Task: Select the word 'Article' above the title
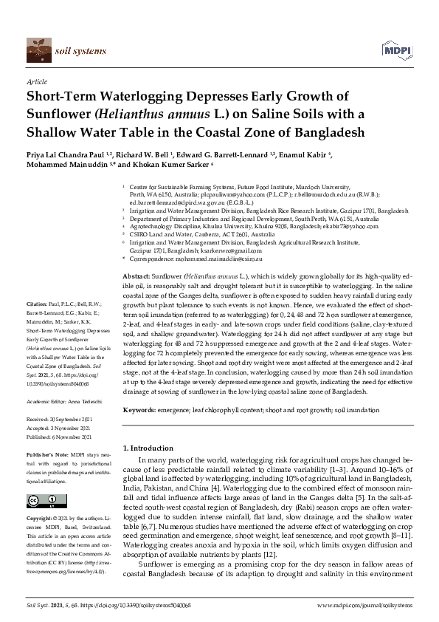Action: (x=36, y=83)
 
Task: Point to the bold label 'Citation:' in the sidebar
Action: (x=37, y=344)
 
